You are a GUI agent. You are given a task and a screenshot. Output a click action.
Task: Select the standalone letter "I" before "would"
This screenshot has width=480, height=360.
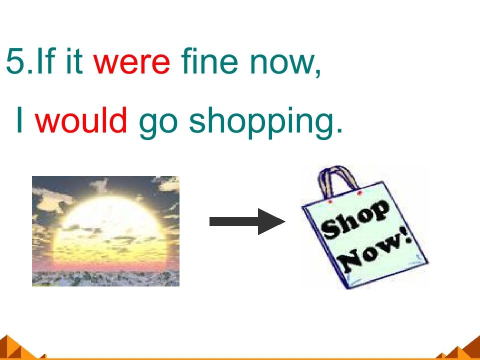point(20,121)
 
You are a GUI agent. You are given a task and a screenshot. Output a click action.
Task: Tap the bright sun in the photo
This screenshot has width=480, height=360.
point(107,225)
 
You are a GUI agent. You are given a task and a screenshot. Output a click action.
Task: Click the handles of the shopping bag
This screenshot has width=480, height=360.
point(338,180)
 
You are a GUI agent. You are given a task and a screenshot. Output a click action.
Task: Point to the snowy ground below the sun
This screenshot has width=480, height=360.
point(105,278)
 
